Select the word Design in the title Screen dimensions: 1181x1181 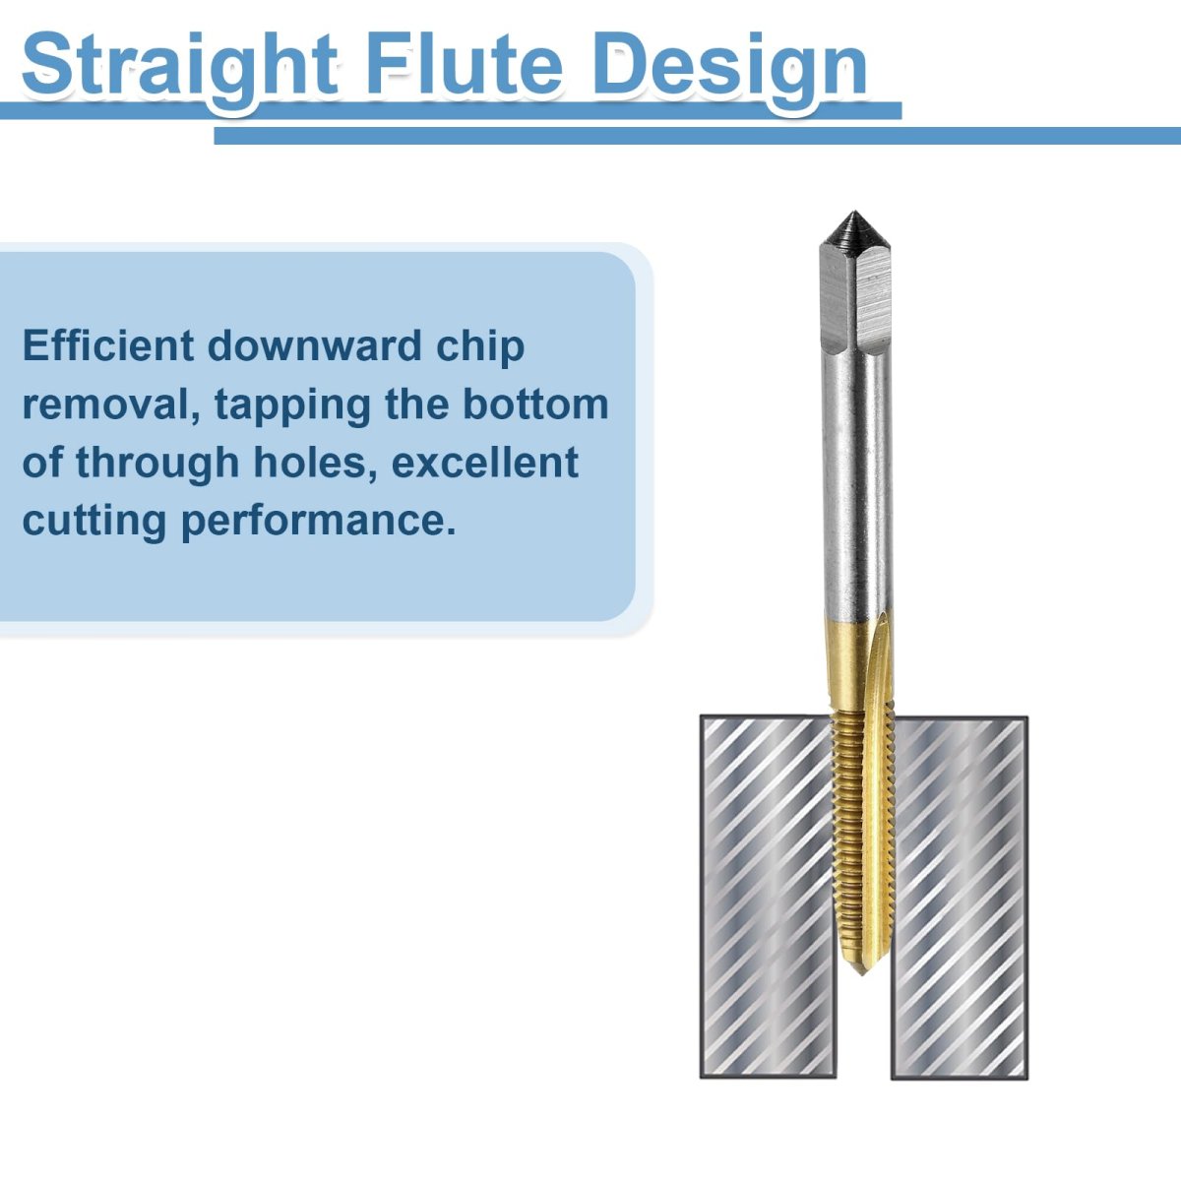(730, 69)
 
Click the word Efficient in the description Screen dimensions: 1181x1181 (108, 345)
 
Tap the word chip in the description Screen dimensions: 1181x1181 (480, 347)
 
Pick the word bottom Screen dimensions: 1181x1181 (535, 404)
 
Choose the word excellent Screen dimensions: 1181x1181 (485, 463)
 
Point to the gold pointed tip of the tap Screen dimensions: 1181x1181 (860, 967)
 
